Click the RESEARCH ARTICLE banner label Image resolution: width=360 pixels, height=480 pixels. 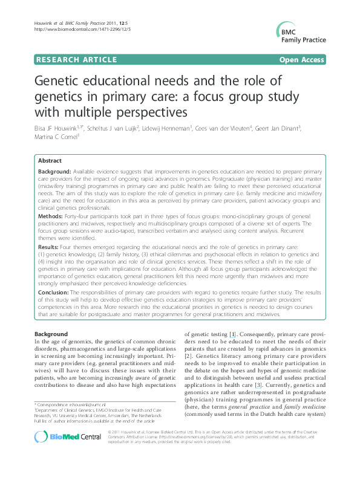pyautogui.click(x=77, y=59)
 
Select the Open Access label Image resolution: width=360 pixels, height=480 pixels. pyautogui.click(x=302, y=59)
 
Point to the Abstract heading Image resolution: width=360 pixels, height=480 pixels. pyautogui.click(x=50, y=161)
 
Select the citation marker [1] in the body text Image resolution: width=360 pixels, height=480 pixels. pyautogui.click(x=232, y=334)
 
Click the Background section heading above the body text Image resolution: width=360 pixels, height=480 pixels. pyautogui.click(x=51, y=334)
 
